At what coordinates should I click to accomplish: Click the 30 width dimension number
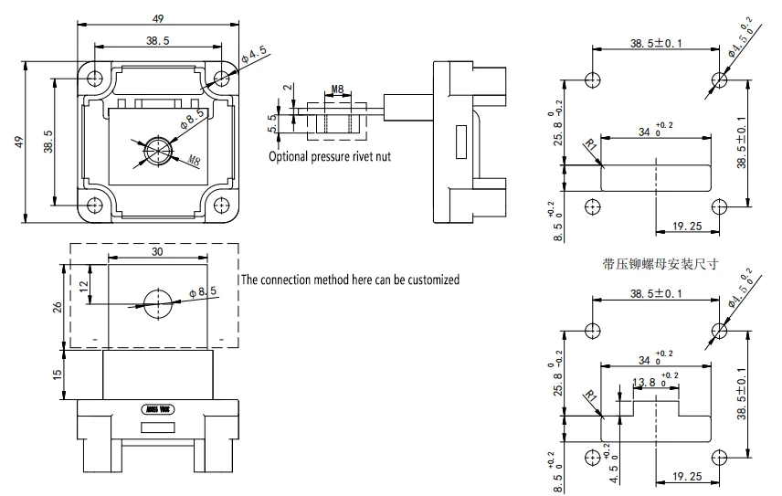pyautogui.click(x=157, y=250)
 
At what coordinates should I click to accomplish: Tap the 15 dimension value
pyautogui.click(x=58, y=375)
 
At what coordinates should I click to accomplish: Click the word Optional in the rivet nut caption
pyautogui.click(x=291, y=156)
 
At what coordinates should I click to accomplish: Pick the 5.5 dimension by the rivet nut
pyautogui.click(x=272, y=124)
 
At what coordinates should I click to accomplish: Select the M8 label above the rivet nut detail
pyautogui.click(x=336, y=90)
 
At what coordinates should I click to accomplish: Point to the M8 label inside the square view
pyautogui.click(x=193, y=163)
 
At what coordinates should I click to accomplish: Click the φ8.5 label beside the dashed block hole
pyautogui.click(x=203, y=291)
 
